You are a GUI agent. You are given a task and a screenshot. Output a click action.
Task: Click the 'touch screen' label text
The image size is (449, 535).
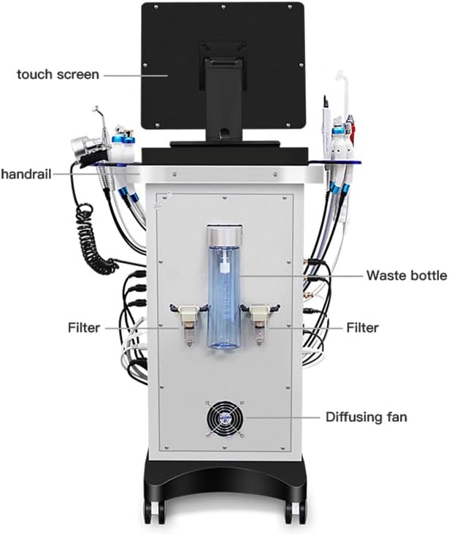(58, 74)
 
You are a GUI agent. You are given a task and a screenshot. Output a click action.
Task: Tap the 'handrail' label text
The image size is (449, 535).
(26, 174)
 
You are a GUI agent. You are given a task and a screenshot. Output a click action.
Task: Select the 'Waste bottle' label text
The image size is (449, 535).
(407, 275)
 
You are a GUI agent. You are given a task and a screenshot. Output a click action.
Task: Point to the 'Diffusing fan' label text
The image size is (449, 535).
(367, 417)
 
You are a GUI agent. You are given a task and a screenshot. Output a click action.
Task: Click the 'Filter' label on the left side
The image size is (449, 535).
(84, 327)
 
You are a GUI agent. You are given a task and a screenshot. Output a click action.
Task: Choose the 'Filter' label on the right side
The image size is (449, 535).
(362, 327)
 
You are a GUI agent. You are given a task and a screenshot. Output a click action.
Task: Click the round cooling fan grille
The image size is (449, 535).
(225, 418)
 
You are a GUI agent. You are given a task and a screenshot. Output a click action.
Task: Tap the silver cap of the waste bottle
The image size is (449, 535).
(225, 236)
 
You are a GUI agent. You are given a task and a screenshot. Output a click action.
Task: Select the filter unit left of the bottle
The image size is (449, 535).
(188, 324)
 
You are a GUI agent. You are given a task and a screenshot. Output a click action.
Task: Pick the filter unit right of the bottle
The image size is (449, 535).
(260, 324)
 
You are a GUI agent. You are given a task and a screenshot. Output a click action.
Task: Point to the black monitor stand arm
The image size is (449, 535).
(223, 99)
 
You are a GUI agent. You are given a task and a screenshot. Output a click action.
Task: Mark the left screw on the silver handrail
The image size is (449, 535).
(174, 175)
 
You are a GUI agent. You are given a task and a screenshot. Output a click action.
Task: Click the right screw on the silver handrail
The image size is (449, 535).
(275, 175)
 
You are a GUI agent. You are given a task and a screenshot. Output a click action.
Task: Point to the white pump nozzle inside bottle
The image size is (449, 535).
(223, 266)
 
